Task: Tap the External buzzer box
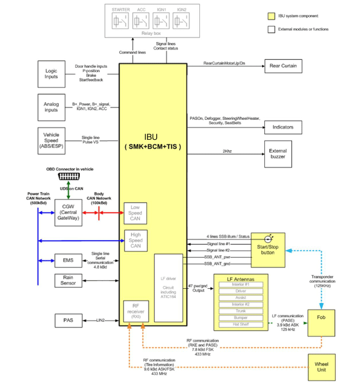[x=278, y=154]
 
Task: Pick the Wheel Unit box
[x=321, y=367]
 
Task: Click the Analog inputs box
[x=52, y=107]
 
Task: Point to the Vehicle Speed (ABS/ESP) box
[x=52, y=138]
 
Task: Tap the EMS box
[x=68, y=260]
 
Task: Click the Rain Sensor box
[x=68, y=280]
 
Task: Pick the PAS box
[x=68, y=320]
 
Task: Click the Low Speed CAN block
[x=136, y=212]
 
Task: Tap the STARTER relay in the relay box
[x=120, y=21]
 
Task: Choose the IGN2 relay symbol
[x=181, y=21]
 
